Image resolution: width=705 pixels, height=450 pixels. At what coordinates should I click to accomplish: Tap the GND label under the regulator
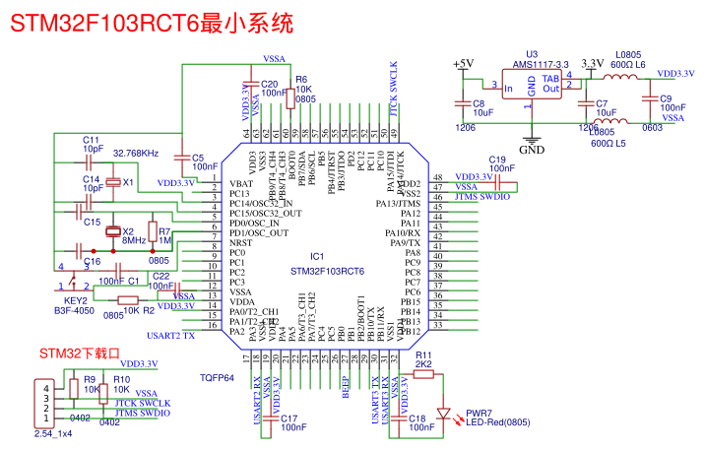tap(532, 151)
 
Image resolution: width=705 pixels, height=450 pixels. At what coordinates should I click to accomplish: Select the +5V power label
tap(462, 64)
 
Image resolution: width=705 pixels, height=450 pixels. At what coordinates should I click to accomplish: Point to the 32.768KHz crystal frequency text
tap(136, 154)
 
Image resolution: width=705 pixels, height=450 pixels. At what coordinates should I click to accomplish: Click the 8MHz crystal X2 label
tap(134, 236)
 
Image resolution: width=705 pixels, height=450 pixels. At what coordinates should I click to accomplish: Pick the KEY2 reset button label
tap(76, 300)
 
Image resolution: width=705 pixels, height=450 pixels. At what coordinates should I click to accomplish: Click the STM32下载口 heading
tap(79, 353)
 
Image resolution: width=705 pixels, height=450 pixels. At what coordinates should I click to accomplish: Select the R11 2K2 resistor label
tap(424, 359)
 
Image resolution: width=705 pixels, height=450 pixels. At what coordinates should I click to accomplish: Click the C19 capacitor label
tap(496, 160)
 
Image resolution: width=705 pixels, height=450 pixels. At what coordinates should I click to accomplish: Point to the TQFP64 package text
tap(217, 377)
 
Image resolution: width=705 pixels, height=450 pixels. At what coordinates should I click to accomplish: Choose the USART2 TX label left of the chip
tap(170, 336)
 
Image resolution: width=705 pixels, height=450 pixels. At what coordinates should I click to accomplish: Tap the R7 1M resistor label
tap(164, 234)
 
